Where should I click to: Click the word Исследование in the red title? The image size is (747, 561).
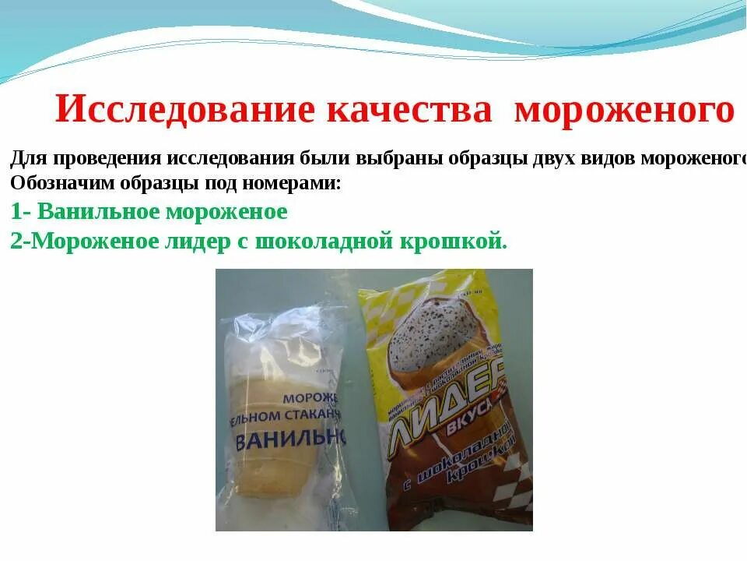pyautogui.click(x=185, y=110)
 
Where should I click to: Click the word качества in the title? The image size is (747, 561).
pyautogui.click(x=409, y=110)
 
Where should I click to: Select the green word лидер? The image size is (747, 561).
pyautogui.click(x=192, y=242)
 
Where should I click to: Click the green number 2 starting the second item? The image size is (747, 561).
pyautogui.click(x=16, y=242)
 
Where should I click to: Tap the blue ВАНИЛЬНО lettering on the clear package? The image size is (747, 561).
pyautogui.click(x=289, y=439)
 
